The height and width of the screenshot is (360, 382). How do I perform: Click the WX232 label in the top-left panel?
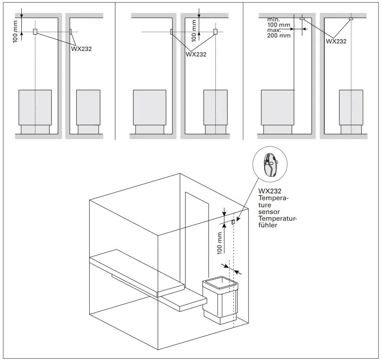click(x=81, y=49)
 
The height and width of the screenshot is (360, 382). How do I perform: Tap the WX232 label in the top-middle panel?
click(x=196, y=54)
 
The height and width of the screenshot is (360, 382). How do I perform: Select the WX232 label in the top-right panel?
click(x=336, y=41)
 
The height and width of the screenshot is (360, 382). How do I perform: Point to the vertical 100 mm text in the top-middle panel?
click(x=194, y=31)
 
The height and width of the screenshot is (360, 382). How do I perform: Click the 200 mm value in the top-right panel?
click(x=279, y=36)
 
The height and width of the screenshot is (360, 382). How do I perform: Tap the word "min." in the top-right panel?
click(x=273, y=19)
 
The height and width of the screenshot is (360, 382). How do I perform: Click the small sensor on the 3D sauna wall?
click(x=233, y=223)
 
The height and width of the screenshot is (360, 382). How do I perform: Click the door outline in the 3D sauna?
click(x=197, y=237)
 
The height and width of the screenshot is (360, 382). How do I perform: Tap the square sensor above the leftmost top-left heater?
click(x=35, y=32)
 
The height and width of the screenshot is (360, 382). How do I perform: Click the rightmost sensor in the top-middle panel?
click(x=215, y=32)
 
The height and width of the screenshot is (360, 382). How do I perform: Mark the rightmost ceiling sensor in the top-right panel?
click(x=350, y=19)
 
